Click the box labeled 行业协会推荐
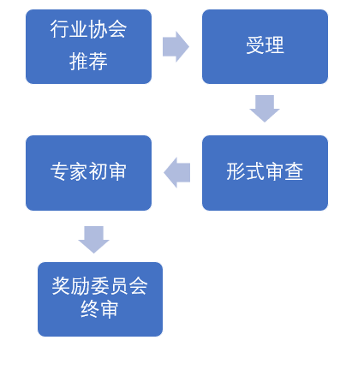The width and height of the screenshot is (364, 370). point(88,46)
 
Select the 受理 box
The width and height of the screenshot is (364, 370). point(265,46)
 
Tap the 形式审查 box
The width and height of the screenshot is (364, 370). point(265,173)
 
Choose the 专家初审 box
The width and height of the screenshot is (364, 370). point(88,173)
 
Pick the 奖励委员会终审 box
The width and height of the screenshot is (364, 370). point(100,299)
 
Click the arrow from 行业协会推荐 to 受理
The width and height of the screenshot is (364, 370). point(176,46)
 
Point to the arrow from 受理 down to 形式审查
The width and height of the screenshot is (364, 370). point(265,109)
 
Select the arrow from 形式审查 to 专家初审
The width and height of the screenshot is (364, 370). point(177,172)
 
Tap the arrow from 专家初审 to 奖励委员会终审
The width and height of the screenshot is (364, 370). point(93,240)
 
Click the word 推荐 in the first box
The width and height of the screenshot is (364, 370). point(88,62)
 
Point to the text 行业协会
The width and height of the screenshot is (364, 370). point(88,29)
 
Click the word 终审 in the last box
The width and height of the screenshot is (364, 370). point(99,309)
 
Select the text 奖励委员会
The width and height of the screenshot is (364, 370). point(99,286)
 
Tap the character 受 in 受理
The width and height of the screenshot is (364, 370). point(255,45)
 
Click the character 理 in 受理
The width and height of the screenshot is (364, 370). point(275,45)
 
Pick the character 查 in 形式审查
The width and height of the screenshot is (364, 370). point(294,171)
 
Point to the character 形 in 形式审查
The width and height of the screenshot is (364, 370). point(236,171)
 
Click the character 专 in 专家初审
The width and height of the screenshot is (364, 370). point(60,171)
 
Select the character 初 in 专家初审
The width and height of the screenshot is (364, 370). point(98,171)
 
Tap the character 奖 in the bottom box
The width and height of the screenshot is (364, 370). point(61,286)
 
